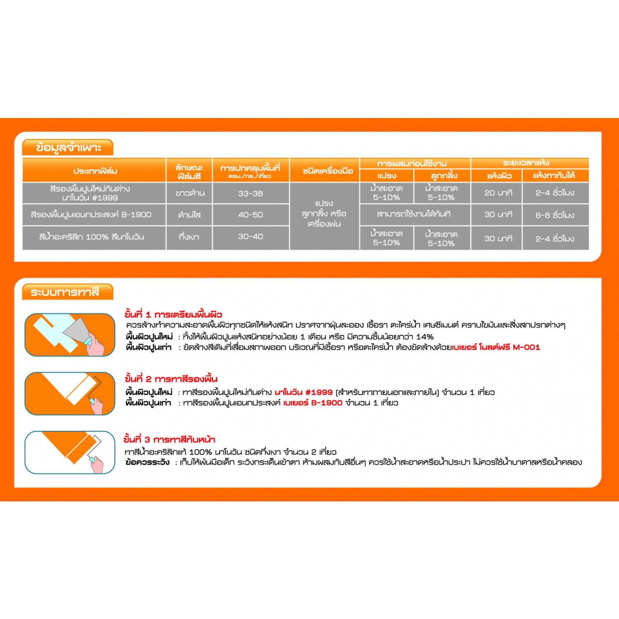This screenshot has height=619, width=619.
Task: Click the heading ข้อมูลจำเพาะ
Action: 68,148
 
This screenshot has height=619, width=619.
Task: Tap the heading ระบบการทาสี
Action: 65,292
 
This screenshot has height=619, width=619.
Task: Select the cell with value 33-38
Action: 250,193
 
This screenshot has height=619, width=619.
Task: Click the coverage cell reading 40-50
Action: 250,215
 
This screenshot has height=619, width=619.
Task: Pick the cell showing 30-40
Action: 250,236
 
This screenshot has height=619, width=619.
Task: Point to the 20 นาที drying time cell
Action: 498,193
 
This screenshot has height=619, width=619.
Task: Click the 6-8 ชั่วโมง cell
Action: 555,215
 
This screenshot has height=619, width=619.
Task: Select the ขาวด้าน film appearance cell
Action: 190,193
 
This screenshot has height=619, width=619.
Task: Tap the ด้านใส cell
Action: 189,215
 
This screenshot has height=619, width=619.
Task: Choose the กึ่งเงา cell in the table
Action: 189,237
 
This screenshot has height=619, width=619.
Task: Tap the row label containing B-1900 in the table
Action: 91,215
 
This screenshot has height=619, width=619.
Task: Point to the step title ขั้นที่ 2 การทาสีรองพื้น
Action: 171,379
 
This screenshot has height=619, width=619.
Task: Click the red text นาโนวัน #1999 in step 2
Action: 303,392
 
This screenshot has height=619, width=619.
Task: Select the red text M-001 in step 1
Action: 526,347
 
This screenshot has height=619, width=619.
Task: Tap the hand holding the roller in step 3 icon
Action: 97,464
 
